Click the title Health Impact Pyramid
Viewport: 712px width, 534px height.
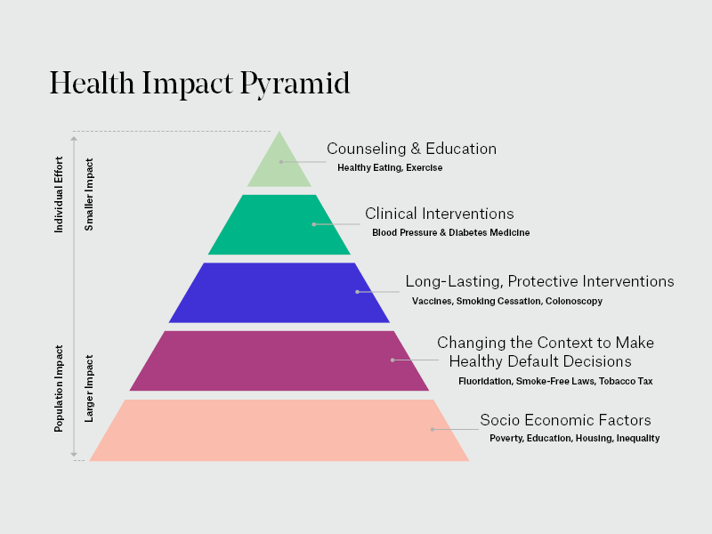(x=199, y=83)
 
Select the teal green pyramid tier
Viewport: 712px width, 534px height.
(x=279, y=225)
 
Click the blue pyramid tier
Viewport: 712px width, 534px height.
(x=279, y=293)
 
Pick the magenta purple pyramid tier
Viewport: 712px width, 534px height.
(x=279, y=360)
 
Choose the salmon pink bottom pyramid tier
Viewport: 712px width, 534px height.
(x=279, y=430)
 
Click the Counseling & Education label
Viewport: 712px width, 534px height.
(x=411, y=149)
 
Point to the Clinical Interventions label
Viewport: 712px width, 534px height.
(x=439, y=214)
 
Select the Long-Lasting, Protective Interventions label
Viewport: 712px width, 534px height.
(x=539, y=281)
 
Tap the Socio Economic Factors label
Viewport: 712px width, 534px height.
(x=565, y=420)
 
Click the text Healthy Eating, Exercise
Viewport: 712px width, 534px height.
(x=390, y=167)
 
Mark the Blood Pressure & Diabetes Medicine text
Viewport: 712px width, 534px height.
(x=450, y=232)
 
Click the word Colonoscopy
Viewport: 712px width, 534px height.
(x=574, y=301)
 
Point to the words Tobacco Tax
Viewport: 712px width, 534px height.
(x=626, y=381)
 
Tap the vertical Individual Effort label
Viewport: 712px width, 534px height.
(x=60, y=194)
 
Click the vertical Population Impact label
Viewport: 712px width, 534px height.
(x=60, y=389)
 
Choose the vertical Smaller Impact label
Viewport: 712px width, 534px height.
(x=89, y=195)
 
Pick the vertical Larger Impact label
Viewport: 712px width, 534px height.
(x=89, y=388)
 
